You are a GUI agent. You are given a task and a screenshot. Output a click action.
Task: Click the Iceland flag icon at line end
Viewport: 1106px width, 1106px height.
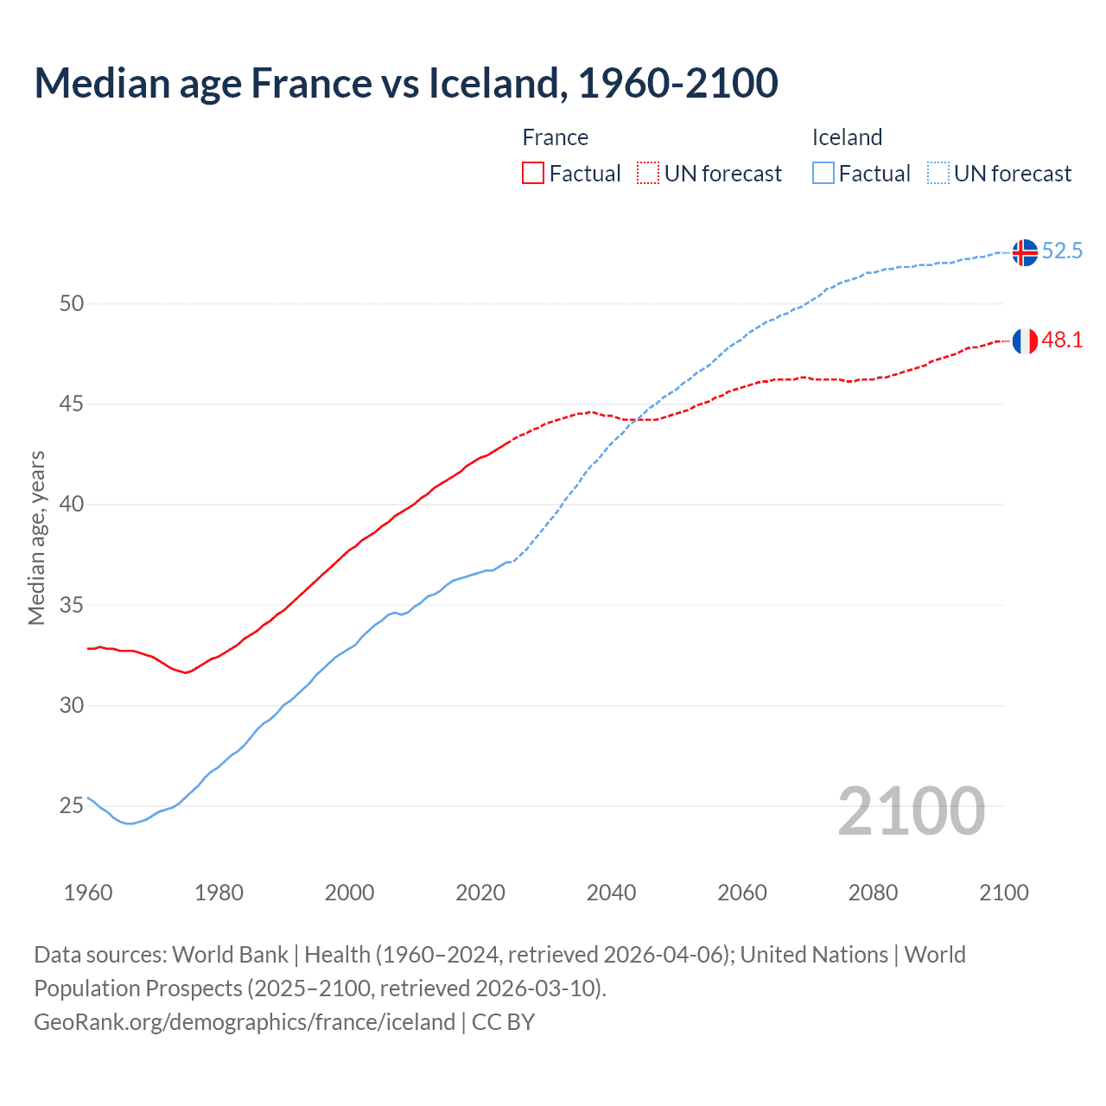click(1025, 252)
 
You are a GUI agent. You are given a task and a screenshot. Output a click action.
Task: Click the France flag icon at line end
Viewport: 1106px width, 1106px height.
click(1025, 341)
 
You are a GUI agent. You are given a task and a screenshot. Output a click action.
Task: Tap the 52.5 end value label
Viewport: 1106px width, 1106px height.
click(1062, 251)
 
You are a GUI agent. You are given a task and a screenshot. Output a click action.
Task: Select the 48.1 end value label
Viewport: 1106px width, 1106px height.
click(1062, 340)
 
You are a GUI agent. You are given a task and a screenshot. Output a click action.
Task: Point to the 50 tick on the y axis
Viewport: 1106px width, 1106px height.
click(72, 303)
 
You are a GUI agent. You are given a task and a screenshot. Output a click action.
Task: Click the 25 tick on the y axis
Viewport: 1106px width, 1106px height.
click(72, 806)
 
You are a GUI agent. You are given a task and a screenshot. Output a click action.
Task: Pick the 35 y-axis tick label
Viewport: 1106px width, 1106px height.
click(72, 605)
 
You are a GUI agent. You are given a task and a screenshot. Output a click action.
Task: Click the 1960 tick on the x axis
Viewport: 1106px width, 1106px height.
click(88, 893)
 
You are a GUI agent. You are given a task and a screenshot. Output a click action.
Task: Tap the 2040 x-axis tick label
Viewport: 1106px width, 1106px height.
click(611, 893)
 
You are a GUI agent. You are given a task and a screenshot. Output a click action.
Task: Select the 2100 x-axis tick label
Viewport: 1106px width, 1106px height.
click(1003, 893)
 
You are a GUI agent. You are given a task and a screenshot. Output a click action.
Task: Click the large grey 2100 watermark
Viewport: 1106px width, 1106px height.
click(911, 810)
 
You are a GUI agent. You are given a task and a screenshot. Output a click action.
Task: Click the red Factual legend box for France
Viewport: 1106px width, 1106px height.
click(533, 173)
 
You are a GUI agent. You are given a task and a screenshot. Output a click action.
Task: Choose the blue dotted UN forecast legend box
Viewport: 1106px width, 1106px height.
click(938, 173)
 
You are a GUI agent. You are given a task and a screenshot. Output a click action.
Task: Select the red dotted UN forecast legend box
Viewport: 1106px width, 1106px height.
click(648, 173)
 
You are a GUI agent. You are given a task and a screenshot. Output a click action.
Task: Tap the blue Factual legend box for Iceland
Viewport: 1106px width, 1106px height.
click(823, 173)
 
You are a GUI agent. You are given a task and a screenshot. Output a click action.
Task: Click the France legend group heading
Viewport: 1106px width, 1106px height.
click(556, 137)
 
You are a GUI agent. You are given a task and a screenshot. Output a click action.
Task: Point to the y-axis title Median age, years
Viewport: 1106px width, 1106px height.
click(36, 537)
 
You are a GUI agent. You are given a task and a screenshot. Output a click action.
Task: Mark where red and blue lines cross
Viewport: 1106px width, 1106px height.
click(635, 420)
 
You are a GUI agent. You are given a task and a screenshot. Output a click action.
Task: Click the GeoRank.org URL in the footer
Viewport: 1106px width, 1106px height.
click(245, 1022)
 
